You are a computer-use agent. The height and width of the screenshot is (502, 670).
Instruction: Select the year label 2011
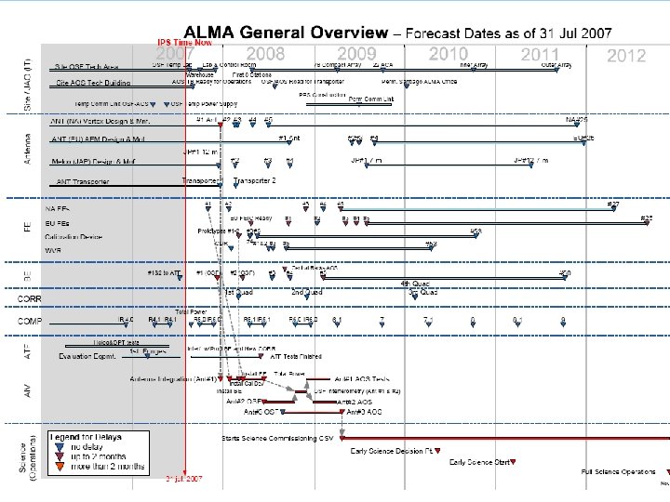pos(541,55)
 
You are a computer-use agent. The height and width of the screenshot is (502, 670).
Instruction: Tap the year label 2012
pos(626,56)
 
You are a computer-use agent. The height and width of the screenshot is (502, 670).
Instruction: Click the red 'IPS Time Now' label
pos(184,42)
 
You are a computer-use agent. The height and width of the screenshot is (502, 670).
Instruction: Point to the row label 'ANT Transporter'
pos(84,181)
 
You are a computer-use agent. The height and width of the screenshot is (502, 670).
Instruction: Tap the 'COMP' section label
pos(30,321)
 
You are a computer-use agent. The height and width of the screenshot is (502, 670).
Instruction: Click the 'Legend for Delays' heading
pos(87,436)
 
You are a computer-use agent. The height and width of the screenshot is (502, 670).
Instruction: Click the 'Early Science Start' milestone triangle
pos(516,462)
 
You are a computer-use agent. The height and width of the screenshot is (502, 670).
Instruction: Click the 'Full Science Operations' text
pos(619,471)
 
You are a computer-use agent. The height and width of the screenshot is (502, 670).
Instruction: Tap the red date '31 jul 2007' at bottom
pos(184,480)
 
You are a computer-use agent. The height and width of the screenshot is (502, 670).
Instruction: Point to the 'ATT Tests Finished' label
pos(296,356)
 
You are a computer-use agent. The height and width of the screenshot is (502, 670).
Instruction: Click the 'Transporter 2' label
pos(256,180)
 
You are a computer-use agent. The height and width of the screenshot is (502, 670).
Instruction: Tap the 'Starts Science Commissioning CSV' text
pos(276,437)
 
